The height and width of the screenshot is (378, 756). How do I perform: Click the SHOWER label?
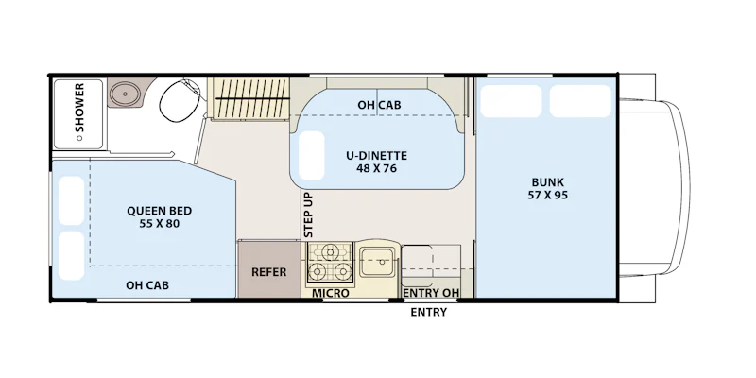click(x=79, y=108)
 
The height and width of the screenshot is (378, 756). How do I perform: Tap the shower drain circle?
click(x=79, y=138)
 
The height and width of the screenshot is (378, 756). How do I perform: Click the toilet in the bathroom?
click(x=180, y=101)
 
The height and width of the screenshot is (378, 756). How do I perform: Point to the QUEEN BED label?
click(x=159, y=211)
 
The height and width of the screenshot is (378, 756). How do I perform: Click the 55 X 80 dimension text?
click(x=159, y=223)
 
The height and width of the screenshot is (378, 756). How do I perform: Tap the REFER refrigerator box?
click(x=269, y=269)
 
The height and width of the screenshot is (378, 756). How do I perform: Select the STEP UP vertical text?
click(x=309, y=215)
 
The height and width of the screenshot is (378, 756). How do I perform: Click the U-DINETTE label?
click(x=376, y=156)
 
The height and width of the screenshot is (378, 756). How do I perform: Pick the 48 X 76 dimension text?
click(x=377, y=168)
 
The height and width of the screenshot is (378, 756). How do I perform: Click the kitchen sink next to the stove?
click(x=378, y=262)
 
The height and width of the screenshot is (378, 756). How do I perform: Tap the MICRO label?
click(x=330, y=293)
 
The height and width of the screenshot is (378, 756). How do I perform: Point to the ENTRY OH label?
click(x=431, y=293)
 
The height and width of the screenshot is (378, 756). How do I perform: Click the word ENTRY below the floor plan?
click(x=429, y=312)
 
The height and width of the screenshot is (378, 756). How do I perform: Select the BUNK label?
click(x=548, y=182)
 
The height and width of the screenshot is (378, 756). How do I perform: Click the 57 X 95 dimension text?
click(x=548, y=195)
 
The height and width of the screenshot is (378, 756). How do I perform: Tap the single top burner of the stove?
click(x=330, y=251)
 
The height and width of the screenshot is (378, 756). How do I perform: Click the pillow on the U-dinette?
click(x=312, y=156)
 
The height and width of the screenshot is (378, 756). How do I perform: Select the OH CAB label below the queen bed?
click(x=147, y=285)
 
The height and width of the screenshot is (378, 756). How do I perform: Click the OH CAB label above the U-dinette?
click(x=379, y=105)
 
